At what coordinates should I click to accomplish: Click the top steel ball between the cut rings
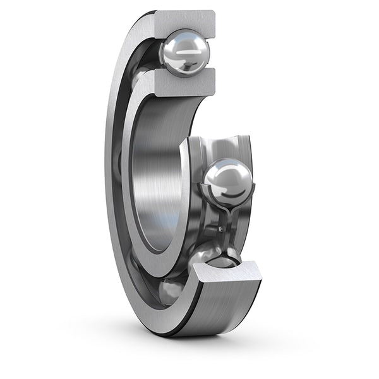pos(184,54)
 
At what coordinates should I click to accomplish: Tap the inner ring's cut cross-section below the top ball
pos(183,83)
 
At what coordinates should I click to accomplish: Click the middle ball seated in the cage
pos(228,182)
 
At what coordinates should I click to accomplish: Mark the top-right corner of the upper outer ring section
pos(214,11)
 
